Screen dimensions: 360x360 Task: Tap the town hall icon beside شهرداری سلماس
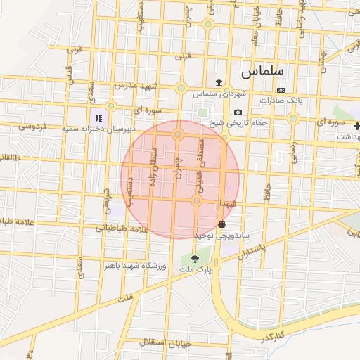pyautogui.click(x=219, y=83)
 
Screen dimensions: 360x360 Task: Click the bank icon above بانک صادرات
pyautogui.click(x=281, y=91)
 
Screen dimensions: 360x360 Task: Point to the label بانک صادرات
pyautogui.click(x=281, y=101)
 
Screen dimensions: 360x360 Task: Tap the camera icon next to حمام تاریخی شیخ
pyautogui.click(x=238, y=112)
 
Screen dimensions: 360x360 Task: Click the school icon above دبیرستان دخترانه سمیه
pyautogui.click(x=99, y=118)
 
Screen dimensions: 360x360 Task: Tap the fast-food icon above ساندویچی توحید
pyautogui.click(x=222, y=224)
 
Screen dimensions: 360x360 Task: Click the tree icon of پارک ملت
pyautogui.click(x=195, y=259)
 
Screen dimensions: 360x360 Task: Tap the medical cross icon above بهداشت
pyautogui.click(x=357, y=126)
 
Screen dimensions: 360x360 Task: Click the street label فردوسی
pyautogui.click(x=32, y=127)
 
